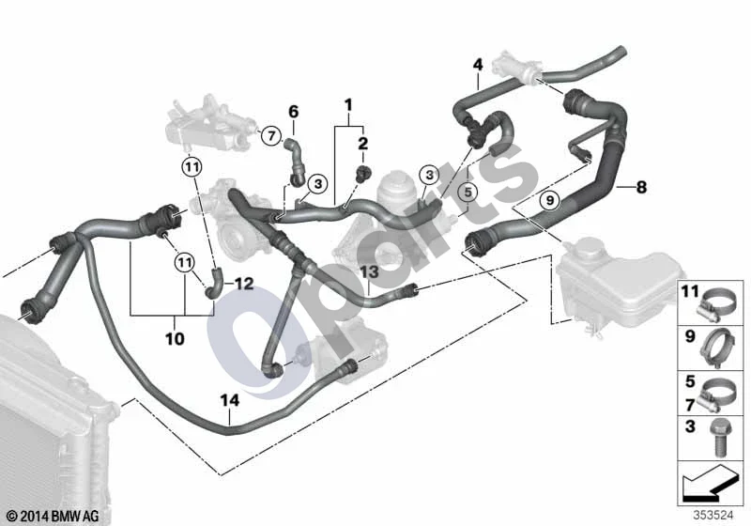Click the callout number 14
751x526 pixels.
pyautogui.click(x=230, y=400)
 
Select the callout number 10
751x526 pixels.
pyautogui.click(x=175, y=339)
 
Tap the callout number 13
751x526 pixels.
pyautogui.click(x=369, y=272)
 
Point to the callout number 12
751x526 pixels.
pyautogui.click(x=244, y=284)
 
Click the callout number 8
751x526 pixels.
pyautogui.click(x=641, y=187)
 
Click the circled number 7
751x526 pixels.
pyautogui.click(x=271, y=136)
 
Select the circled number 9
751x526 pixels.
pyautogui.click(x=550, y=199)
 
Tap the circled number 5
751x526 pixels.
pyautogui.click(x=467, y=193)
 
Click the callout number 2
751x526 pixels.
pyautogui.click(x=363, y=143)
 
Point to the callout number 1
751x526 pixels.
pyautogui.click(x=348, y=104)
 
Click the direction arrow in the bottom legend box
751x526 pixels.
pyautogui.click(x=708, y=484)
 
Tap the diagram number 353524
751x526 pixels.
pyautogui.click(x=713, y=516)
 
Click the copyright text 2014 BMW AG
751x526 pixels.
pyautogui.click(x=54, y=516)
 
